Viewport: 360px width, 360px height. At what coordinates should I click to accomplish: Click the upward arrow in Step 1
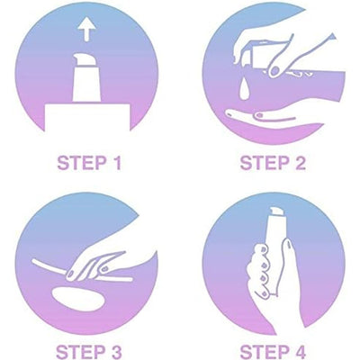pyautogui.click(x=86, y=30)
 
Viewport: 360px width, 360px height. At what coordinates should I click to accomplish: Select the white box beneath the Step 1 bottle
pyautogui.click(x=87, y=118)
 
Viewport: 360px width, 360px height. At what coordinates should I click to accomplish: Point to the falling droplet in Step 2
pyautogui.click(x=245, y=90)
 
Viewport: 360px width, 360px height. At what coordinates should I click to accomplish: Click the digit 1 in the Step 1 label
pyautogui.click(x=117, y=163)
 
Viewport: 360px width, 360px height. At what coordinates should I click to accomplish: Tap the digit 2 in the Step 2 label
pyautogui.click(x=299, y=163)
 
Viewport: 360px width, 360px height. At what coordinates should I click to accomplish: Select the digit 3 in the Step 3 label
pyautogui.click(x=114, y=352)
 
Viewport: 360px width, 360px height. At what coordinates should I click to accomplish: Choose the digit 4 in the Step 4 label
pyautogui.click(x=299, y=352)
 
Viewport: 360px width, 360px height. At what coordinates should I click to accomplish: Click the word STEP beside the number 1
pyautogui.click(x=82, y=163)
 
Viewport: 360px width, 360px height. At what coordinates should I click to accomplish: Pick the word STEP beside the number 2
pyautogui.click(x=265, y=163)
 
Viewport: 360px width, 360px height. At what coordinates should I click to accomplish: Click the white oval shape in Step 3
pyautogui.click(x=78, y=299)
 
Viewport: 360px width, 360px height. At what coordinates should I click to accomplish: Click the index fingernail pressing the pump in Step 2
pyautogui.click(x=274, y=71)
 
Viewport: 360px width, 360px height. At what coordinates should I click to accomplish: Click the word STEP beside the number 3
pyautogui.click(x=81, y=352)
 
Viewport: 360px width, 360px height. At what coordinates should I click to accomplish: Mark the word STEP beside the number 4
pyautogui.click(x=265, y=352)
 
